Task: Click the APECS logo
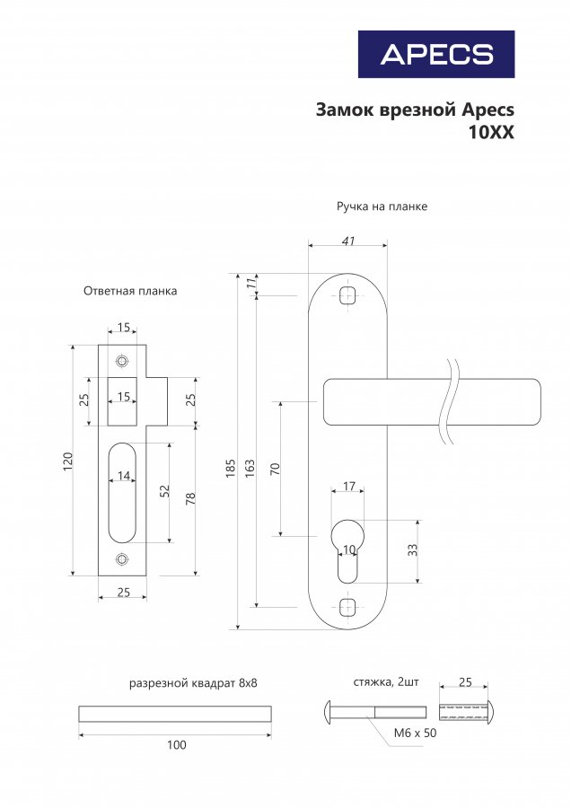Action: pyautogui.click(x=436, y=54)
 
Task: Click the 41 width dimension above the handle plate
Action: pyautogui.click(x=348, y=240)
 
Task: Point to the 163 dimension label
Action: pyautogui.click(x=250, y=468)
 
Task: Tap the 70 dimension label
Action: pyautogui.click(x=275, y=468)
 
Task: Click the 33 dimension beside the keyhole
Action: pyautogui.click(x=413, y=550)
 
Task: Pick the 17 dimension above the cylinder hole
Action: pyautogui.click(x=349, y=487)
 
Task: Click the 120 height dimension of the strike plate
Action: pyautogui.click(x=67, y=461)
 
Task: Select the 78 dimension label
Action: pyautogui.click(x=191, y=497)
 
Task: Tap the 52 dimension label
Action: pyautogui.click(x=165, y=492)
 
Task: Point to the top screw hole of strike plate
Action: pyautogui.click(x=122, y=361)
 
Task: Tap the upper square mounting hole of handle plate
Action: pyautogui.click(x=348, y=296)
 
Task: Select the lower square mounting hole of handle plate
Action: pyautogui.click(x=348, y=606)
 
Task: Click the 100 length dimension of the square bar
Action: pyautogui.click(x=176, y=745)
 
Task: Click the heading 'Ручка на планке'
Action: pyautogui.click(x=382, y=206)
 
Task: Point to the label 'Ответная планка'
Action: pyautogui.click(x=130, y=291)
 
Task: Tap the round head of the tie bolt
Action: pyautogui.click(x=328, y=713)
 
